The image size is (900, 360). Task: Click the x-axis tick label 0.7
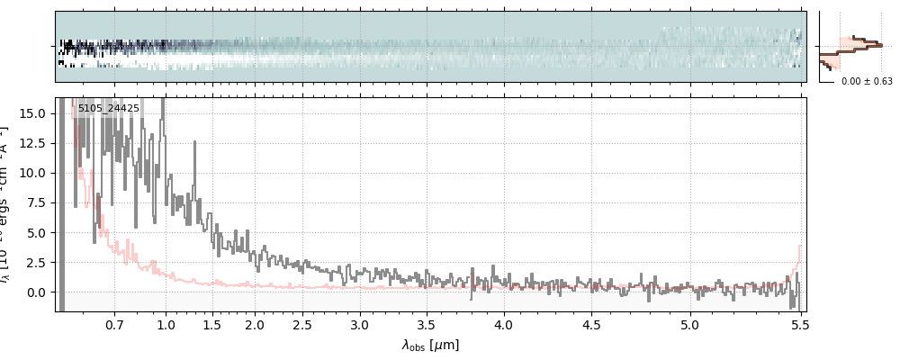[114, 324]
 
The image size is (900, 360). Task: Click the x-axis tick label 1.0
[166, 324]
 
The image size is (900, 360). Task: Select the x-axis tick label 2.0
[255, 324]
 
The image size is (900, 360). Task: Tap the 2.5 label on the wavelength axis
[302, 324]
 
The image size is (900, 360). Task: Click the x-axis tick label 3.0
[360, 324]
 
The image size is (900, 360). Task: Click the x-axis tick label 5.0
[690, 324]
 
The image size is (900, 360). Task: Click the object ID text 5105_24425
[108, 108]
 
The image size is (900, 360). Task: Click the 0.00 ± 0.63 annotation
[867, 82]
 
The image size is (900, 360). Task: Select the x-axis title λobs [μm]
[430, 345]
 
